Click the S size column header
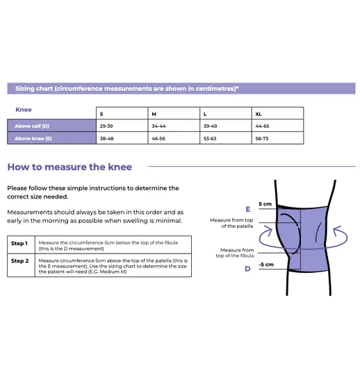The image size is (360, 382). [122, 113]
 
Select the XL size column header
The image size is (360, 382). [277, 113]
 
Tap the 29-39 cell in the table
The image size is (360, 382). [122, 126]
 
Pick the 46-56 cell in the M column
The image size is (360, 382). [174, 138]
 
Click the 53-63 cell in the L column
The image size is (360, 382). [226, 138]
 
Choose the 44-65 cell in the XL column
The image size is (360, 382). [277, 126]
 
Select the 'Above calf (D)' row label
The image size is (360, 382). [51, 126]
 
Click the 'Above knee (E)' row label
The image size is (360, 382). [51, 138]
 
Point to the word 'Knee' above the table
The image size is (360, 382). [24, 110]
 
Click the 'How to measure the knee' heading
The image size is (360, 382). [69, 167]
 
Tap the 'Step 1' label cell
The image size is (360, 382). [22, 244]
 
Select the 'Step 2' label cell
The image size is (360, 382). [22, 265]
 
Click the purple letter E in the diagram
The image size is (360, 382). [248, 209]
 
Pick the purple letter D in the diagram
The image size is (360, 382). [247, 269]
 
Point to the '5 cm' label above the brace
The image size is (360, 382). [265, 204]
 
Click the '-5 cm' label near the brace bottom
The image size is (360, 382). [266, 265]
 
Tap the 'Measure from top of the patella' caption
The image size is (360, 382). [231, 223]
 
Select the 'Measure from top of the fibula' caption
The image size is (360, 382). [235, 253]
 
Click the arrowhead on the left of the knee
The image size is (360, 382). [268, 230]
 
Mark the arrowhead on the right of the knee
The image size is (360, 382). [338, 231]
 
